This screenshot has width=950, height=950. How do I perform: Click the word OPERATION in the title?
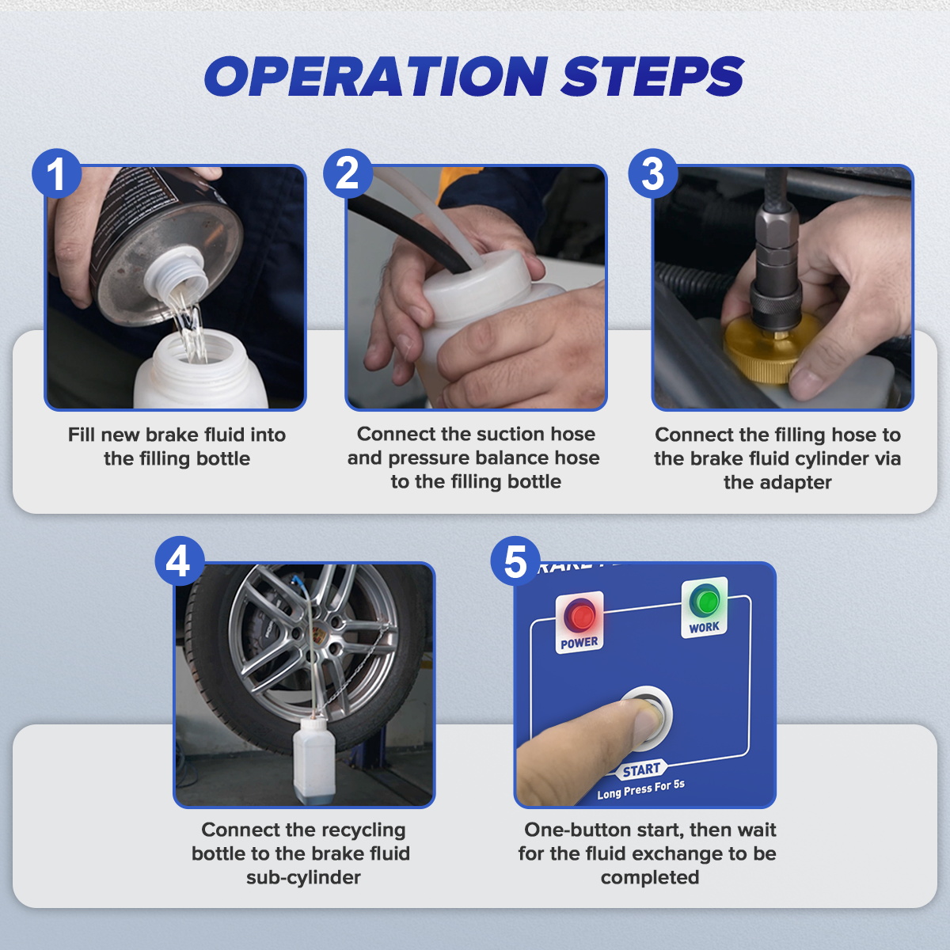[x=376, y=77]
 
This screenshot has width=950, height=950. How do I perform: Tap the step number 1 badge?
[x=56, y=173]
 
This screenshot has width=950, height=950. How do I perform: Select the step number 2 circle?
[x=348, y=173]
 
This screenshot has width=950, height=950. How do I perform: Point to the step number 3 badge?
[x=652, y=173]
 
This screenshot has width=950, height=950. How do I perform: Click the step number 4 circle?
[x=179, y=561]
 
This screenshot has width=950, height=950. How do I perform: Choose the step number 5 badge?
[x=515, y=561]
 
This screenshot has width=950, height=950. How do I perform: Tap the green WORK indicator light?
[x=704, y=601]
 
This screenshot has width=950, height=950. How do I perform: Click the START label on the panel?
[x=641, y=769]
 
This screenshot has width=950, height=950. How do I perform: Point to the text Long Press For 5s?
[x=640, y=789]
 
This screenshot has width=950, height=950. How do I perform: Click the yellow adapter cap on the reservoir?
[x=772, y=349]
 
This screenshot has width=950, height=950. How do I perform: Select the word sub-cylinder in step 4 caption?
[x=303, y=878]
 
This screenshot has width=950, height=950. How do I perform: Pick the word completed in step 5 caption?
[x=649, y=878]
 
